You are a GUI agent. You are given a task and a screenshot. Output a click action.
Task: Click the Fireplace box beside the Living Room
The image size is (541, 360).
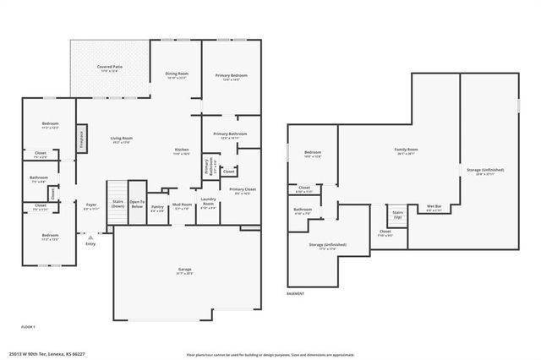[81, 138]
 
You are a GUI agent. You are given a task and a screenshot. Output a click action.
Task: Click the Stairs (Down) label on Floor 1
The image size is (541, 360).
[116, 204]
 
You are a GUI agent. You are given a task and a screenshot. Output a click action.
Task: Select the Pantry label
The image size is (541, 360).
[157, 208]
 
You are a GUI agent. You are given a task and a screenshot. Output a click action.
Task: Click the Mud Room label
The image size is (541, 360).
[182, 206]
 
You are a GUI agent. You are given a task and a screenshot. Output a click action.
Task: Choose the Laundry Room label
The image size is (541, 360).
[208, 203]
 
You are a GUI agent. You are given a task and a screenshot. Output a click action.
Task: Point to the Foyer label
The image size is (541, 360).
[91, 205]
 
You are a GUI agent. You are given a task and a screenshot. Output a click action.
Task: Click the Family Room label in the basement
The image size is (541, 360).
[407, 151]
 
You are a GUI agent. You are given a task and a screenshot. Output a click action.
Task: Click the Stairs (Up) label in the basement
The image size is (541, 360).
[398, 213]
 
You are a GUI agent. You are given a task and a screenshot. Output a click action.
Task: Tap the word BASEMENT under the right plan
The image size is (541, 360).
[295, 293]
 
